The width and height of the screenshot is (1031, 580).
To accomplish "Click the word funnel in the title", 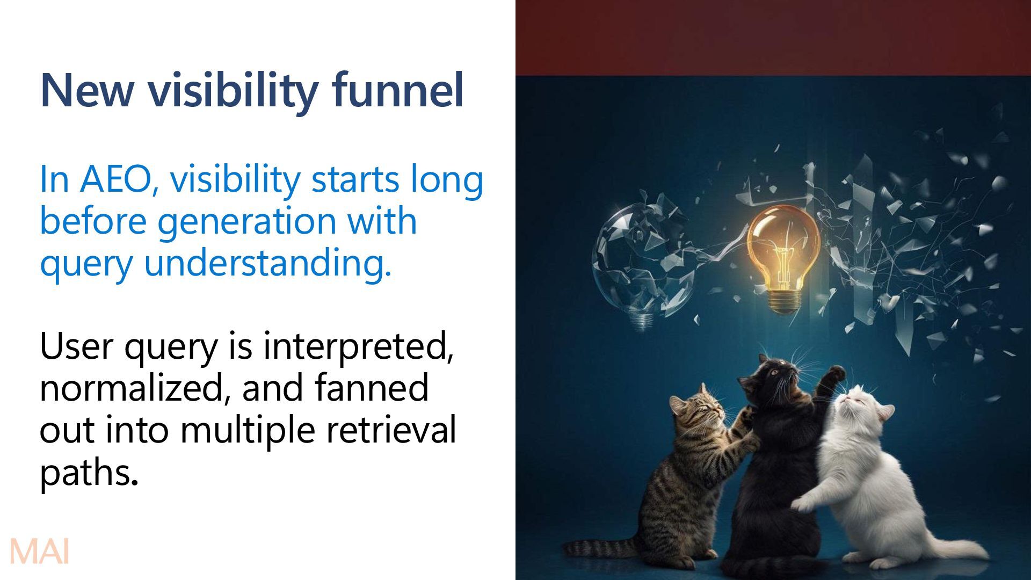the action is pyautogui.click(x=397, y=90).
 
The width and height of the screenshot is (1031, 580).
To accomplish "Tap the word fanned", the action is pyautogui.click(x=371, y=388).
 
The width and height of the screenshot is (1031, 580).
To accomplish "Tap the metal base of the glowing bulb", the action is pyautogui.click(x=784, y=301).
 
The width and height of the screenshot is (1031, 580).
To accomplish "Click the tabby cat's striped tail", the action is pyautogui.click(x=601, y=548).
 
